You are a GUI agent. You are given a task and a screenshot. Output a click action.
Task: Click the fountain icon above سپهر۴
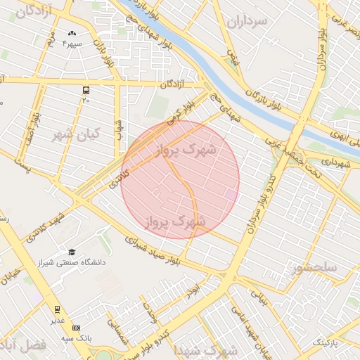(x=72, y=33)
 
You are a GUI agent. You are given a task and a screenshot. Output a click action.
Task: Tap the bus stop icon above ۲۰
(x=86, y=91)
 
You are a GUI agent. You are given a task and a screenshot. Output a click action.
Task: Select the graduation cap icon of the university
(x=72, y=252)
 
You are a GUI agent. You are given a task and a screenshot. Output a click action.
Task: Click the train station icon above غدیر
(x=57, y=309)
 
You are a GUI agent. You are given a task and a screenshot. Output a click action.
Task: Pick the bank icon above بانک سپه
(x=76, y=328)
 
